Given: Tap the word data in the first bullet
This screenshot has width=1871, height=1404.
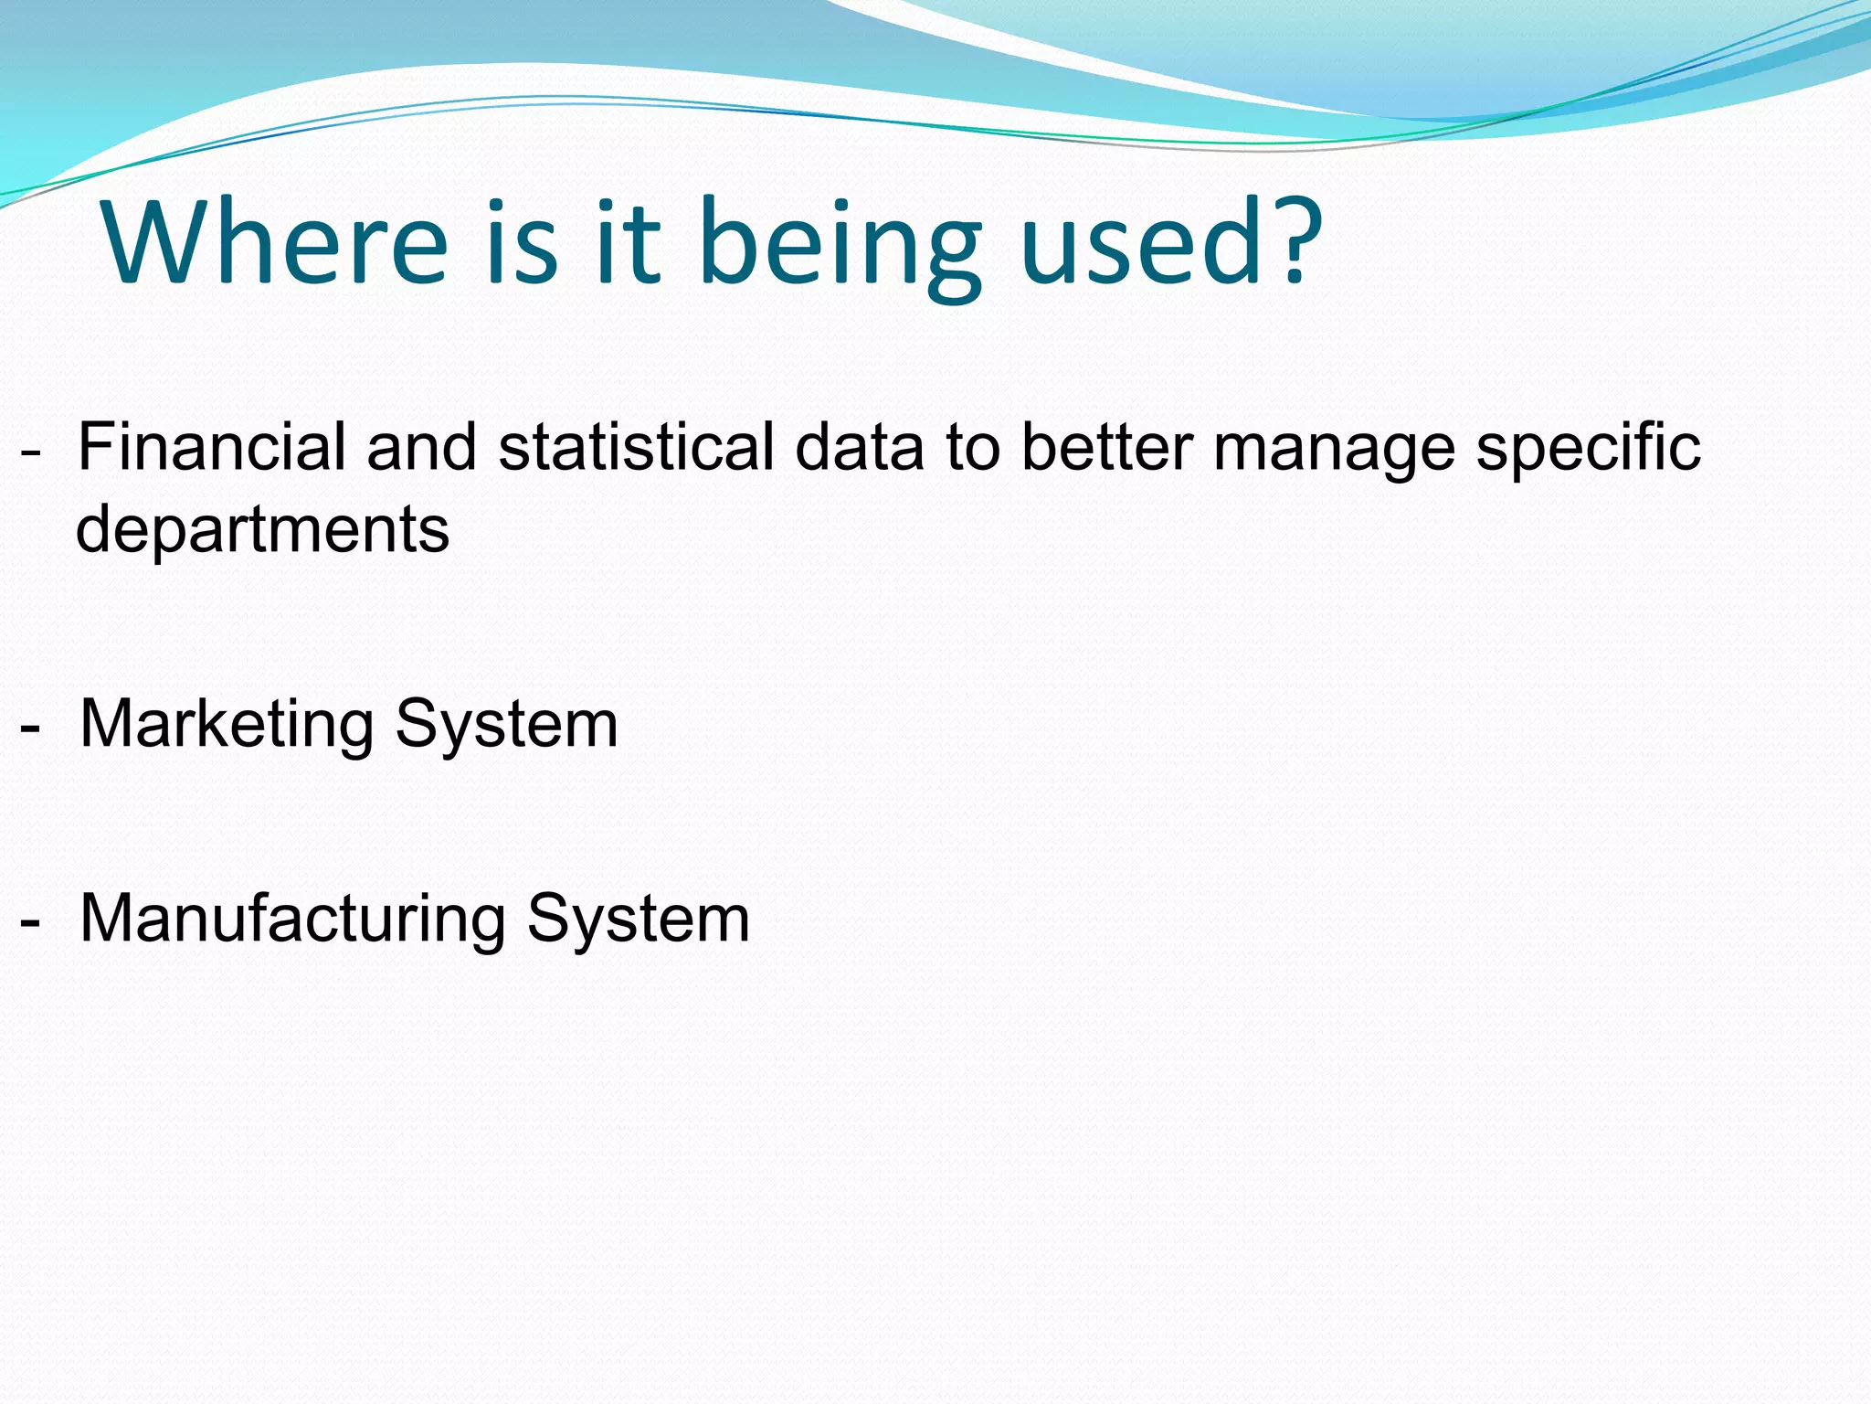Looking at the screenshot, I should click(x=860, y=447).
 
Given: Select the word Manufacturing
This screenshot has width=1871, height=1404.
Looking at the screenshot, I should click(x=292, y=920).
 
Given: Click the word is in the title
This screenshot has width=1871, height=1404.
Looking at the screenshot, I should click(x=522, y=243).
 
